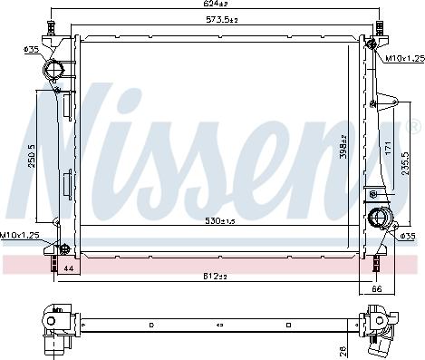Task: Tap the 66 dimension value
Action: [378, 289]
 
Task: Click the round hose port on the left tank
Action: [54, 72]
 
